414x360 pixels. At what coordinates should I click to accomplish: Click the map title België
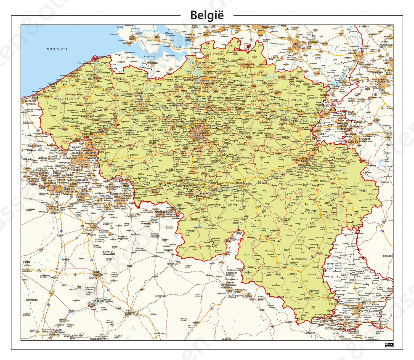point(207,15)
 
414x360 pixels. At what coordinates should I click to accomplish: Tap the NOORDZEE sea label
point(57,49)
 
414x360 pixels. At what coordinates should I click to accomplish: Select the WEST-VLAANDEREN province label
point(66,99)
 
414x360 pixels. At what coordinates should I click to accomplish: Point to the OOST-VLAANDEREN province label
point(156,130)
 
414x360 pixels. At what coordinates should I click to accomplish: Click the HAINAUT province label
point(130,161)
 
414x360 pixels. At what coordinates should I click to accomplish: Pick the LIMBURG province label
point(296,100)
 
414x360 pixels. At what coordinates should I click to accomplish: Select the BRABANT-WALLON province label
point(243,158)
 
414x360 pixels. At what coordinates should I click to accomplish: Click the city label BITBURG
point(387,256)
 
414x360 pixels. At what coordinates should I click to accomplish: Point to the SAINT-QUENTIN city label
point(97,273)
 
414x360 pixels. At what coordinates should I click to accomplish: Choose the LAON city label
point(128,314)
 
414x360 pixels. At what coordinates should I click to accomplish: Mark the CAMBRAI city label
point(94,227)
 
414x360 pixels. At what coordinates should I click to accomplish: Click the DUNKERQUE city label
point(29,101)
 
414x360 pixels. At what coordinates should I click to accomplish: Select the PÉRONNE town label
point(66,260)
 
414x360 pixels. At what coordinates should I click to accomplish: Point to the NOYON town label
point(71,311)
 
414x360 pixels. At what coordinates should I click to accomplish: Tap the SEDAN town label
point(248,296)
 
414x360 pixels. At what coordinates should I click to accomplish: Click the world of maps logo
point(389,345)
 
